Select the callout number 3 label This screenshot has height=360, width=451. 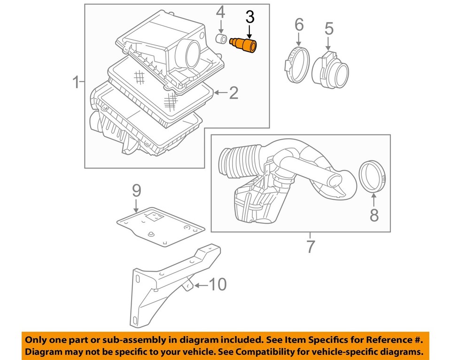click(249, 18)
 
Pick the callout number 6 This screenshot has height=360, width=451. click(299, 24)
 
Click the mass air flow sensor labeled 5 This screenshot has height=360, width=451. click(333, 70)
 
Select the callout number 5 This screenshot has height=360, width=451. click(329, 29)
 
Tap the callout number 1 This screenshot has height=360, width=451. click(76, 83)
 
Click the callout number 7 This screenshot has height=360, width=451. click(310, 246)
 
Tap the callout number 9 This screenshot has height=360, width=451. click(136, 190)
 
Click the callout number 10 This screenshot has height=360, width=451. click(217, 284)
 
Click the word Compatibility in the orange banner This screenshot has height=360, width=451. click(265, 352)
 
